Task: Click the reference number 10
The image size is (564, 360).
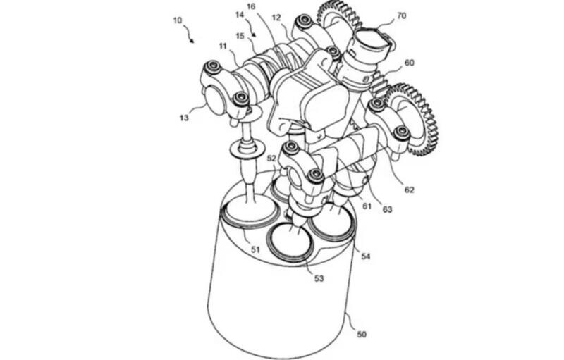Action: pyautogui.click(x=178, y=20)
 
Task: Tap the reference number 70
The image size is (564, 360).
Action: pyautogui.click(x=401, y=15)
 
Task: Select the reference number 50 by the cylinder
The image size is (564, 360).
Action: pyautogui.click(x=361, y=335)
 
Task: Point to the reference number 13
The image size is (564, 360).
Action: pyautogui.click(x=184, y=118)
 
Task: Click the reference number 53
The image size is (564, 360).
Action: pyautogui.click(x=319, y=278)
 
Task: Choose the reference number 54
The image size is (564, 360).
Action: pyautogui.click(x=365, y=256)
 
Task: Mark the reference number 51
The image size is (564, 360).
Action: pyautogui.click(x=255, y=249)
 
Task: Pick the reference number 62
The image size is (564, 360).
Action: pyautogui.click(x=410, y=190)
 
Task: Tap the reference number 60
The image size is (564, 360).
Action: pyautogui.click(x=410, y=63)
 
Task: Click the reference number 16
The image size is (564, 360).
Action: pyautogui.click(x=251, y=6)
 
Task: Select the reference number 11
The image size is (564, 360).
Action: pyautogui.click(x=223, y=46)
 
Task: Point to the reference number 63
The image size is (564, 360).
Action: pyautogui.click(x=387, y=209)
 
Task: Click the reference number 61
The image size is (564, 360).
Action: pyautogui.click(x=367, y=206)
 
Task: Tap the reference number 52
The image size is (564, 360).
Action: pyautogui.click(x=271, y=159)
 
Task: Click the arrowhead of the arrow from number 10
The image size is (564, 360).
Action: pyautogui.click(x=192, y=41)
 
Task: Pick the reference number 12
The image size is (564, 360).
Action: pyautogui.click(x=276, y=17)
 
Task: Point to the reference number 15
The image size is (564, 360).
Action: pyautogui.click(x=240, y=37)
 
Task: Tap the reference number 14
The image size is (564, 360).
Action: pyautogui.click(x=240, y=15)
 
